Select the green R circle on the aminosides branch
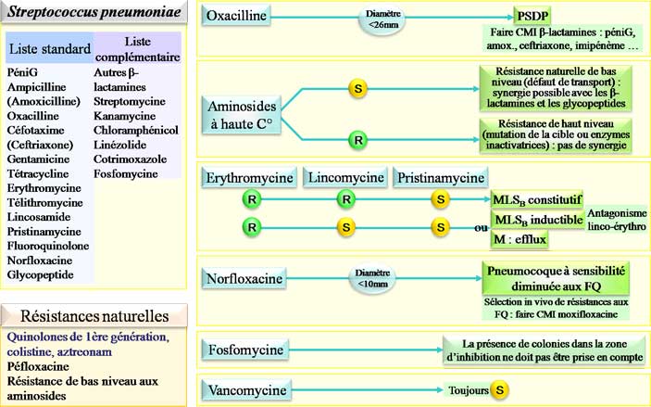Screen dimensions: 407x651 [356, 141]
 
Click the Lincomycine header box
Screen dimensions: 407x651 [344, 177]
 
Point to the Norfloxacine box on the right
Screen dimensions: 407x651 [244, 276]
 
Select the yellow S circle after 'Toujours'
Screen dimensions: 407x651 [499, 389]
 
